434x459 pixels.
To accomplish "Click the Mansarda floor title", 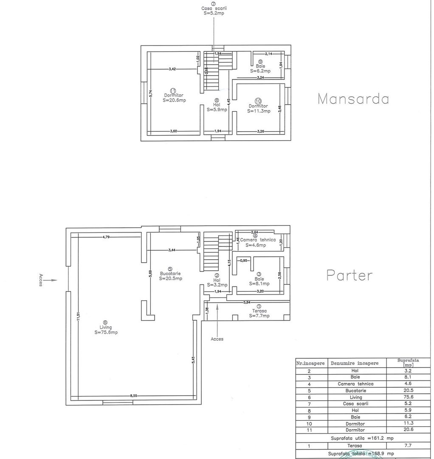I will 353,99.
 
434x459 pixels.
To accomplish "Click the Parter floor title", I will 349,275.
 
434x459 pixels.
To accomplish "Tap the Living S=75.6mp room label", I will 106,330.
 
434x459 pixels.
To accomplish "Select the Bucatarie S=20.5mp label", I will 171,276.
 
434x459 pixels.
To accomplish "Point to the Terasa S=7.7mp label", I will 259,313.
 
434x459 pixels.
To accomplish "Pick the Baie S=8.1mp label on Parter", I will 259,282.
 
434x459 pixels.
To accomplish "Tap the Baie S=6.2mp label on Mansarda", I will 260,68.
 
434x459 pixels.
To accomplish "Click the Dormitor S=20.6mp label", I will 174,98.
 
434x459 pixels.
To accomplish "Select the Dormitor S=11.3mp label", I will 258,108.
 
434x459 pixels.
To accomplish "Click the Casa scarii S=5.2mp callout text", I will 214,10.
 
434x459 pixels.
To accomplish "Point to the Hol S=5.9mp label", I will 217,107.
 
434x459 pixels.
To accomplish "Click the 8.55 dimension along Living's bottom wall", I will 133,396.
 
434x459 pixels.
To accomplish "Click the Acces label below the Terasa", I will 217,339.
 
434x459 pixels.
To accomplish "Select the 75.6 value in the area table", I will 408,397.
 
